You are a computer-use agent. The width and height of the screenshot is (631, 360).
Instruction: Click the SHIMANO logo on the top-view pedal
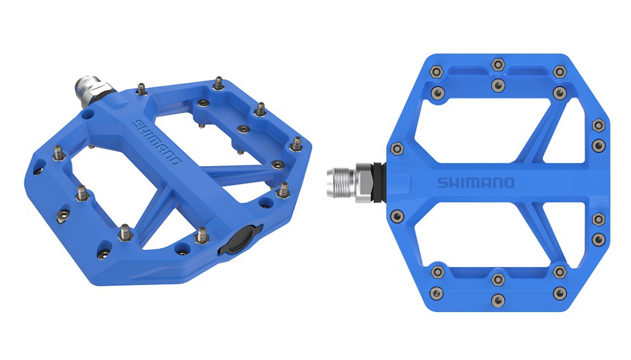(475, 183)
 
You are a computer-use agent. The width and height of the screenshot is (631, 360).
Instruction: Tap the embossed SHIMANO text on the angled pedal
(157, 142)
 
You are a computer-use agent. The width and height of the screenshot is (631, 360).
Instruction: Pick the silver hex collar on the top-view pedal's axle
(364, 184)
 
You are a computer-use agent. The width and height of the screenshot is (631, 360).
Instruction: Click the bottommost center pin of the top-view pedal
(498, 300)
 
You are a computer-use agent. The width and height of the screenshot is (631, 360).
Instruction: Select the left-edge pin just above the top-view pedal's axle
(397, 149)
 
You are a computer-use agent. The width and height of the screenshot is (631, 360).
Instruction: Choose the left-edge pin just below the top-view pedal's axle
(397, 216)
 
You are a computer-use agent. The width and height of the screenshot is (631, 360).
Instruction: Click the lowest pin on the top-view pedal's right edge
(598, 239)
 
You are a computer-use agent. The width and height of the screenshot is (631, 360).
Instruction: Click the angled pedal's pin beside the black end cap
(202, 235)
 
